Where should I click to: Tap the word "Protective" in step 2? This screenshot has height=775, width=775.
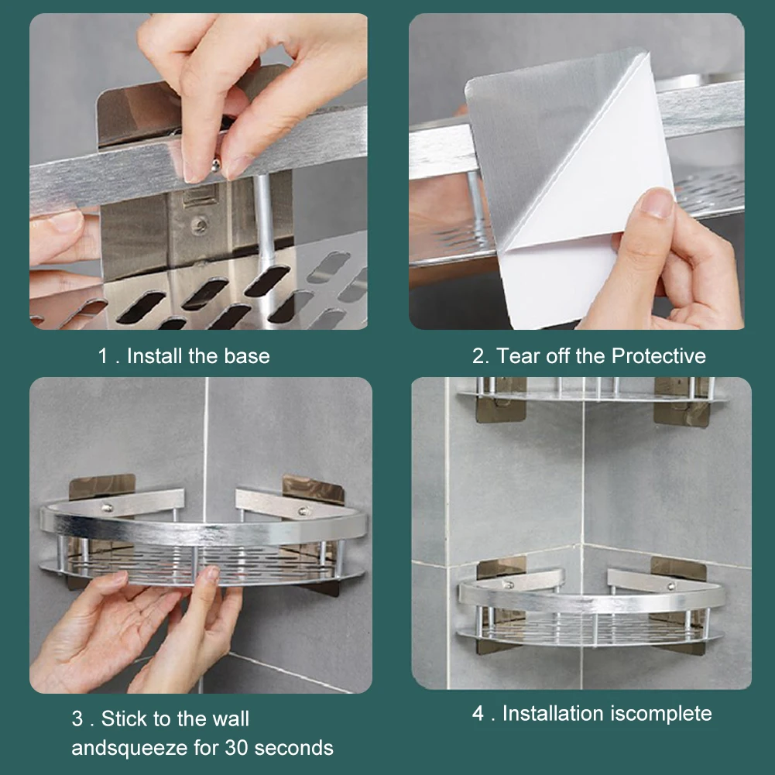click(658, 356)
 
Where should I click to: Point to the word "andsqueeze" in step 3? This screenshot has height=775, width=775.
click(129, 749)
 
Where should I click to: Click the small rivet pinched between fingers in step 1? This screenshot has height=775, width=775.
click(216, 166)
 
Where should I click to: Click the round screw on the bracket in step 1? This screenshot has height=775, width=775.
click(199, 225)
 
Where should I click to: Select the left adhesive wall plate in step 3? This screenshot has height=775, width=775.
click(101, 489)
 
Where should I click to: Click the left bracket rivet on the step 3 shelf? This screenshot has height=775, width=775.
click(106, 507)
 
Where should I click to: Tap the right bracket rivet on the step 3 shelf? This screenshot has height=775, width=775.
click(301, 511)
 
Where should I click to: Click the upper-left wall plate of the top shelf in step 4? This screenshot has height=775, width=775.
click(500, 401)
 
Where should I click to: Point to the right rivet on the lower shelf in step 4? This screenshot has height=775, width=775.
click(670, 587)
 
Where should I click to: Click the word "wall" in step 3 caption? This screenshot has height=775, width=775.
click(231, 718)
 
